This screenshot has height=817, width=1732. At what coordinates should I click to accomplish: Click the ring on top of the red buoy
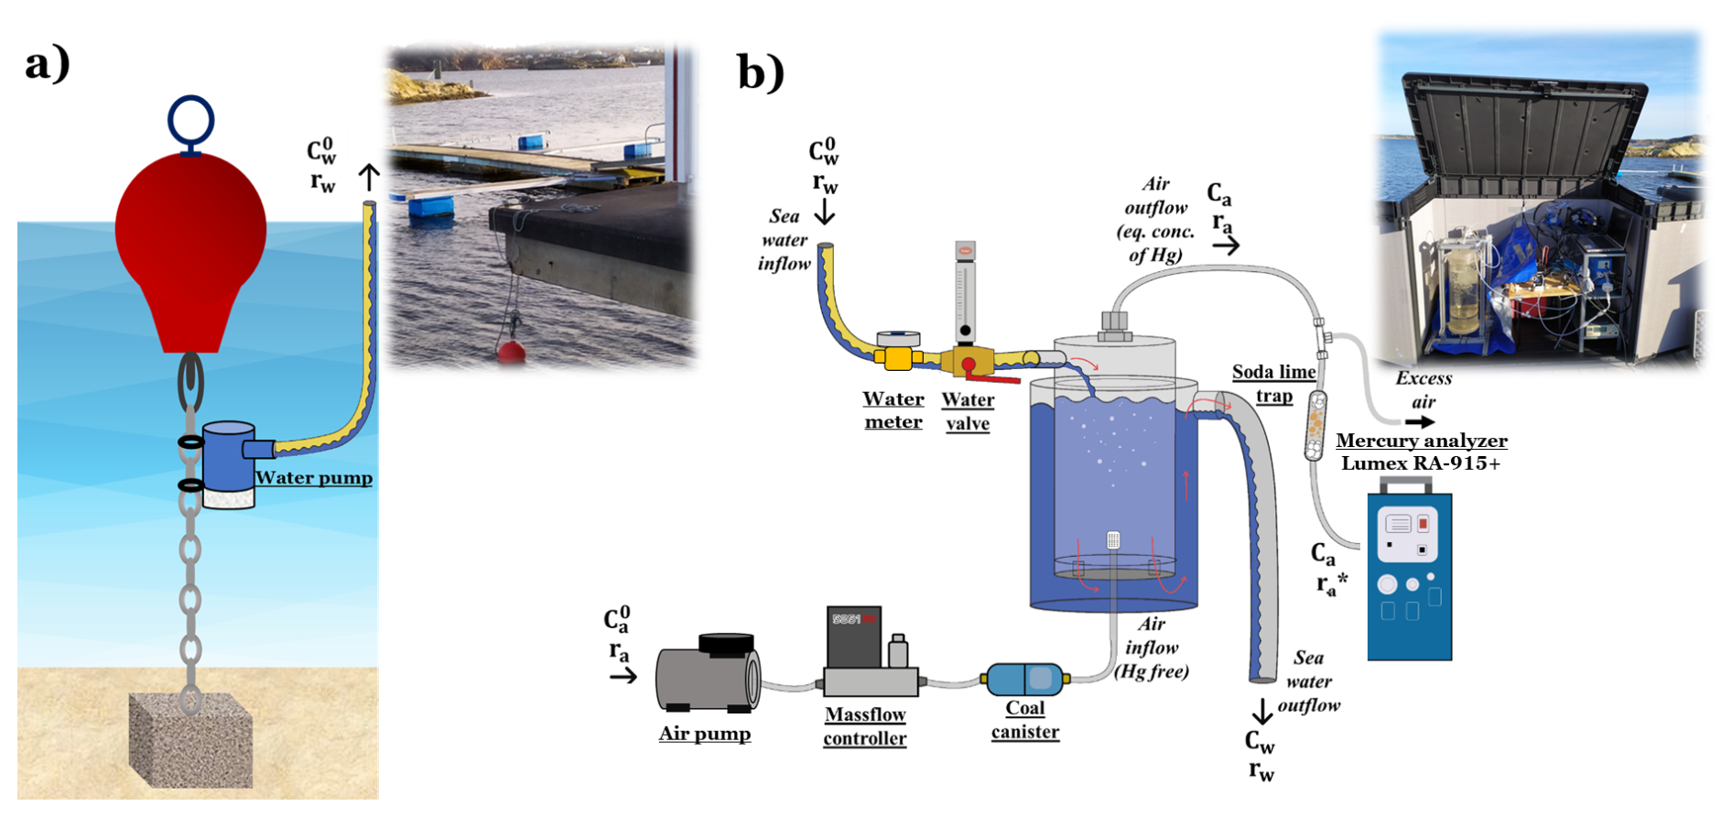pyautogui.click(x=190, y=121)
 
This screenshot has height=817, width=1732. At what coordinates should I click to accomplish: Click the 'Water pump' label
pyautogui.click(x=314, y=478)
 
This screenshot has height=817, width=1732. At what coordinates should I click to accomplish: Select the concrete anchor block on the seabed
pyautogui.click(x=190, y=740)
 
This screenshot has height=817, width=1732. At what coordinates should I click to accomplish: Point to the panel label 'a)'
pyautogui.click(x=48, y=64)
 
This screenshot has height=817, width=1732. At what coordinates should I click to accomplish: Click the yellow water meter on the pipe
pyautogui.click(x=898, y=356)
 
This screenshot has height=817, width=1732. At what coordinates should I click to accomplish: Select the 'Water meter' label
pyautogui.click(x=893, y=410)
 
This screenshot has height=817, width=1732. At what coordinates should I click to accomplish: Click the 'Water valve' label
pyautogui.click(x=968, y=411)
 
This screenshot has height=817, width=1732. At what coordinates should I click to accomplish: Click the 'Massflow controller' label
pyautogui.click(x=865, y=726)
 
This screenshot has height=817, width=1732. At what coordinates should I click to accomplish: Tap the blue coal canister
pyautogui.click(x=1024, y=679)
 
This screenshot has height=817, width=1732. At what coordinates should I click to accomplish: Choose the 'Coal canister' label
pyautogui.click(x=1025, y=720)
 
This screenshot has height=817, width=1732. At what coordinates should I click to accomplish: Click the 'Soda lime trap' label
pyautogui.click(x=1273, y=383)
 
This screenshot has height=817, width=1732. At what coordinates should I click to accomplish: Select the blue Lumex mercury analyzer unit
pyautogui.click(x=1409, y=577)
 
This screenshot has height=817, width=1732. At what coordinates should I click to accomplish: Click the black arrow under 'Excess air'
pyautogui.click(x=1421, y=422)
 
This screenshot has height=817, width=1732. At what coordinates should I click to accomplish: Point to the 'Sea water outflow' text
pyautogui.click(x=1309, y=681)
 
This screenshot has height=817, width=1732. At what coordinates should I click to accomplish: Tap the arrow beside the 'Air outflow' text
pyautogui.click(x=1227, y=245)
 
